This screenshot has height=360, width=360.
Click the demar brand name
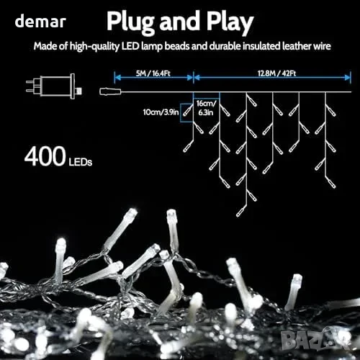pos(40,21)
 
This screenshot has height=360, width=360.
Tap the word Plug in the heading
pos(130,23)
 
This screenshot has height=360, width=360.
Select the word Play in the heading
pos(230,23)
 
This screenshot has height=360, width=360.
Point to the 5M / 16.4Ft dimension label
pos(153,73)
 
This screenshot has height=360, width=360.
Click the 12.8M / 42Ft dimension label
pos(276,73)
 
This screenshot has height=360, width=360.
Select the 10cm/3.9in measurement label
pos(161,112)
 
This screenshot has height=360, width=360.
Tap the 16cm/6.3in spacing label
pos(206,108)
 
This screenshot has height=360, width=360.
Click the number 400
pos(45,156)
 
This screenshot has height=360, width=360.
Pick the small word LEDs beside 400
pos(81,162)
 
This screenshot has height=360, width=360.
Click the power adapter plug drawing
pos(54,86)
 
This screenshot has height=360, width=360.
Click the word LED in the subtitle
pos(130,46)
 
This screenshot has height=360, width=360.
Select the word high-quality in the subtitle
pos(94,46)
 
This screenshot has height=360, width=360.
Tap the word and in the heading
pos(180,22)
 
